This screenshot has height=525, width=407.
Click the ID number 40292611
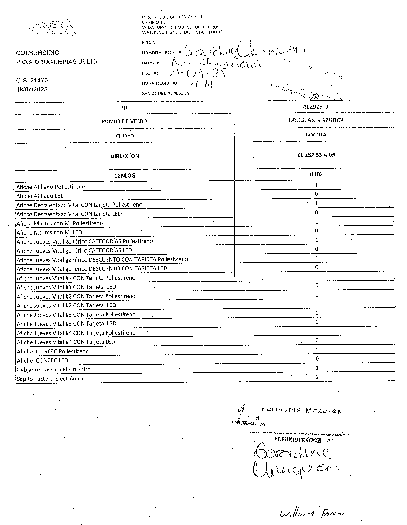(316, 107)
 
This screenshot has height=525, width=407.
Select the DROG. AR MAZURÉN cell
(316, 120)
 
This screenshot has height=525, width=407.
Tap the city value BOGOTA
(316, 135)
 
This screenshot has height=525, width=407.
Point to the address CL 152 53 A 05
(316, 155)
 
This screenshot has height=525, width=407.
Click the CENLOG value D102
(316, 174)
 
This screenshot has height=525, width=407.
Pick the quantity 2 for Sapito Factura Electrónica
(317, 377)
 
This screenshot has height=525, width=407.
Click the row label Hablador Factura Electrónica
(54, 370)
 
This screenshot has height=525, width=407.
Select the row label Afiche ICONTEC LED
(42, 360)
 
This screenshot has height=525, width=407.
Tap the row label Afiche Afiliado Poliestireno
(51, 187)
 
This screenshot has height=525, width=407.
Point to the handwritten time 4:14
(202, 85)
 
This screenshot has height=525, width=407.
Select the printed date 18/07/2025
(32, 89)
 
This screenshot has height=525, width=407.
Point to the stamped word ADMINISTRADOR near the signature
(297, 439)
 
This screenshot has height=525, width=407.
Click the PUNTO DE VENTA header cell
(125, 121)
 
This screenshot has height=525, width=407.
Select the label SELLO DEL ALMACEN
(165, 93)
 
